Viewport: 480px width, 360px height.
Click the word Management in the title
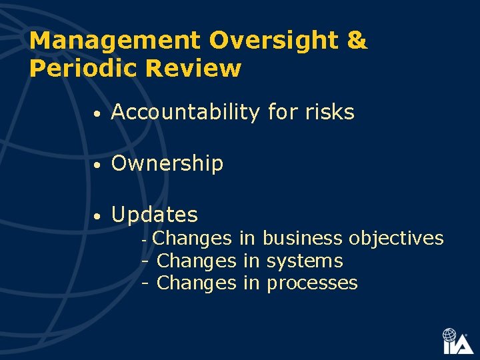115,41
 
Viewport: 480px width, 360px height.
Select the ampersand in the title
357,41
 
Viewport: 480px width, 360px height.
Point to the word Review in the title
198,68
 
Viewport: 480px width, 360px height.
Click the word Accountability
185,113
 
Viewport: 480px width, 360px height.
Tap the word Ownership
167,163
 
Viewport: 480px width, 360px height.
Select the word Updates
155,215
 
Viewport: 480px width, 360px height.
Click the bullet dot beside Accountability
97,115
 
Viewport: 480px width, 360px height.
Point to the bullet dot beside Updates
97,217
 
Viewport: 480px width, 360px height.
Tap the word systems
305,261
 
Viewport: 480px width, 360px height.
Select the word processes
312,283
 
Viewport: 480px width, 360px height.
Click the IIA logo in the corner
458,341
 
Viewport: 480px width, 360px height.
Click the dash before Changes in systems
145,261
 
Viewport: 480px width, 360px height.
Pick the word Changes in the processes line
196,283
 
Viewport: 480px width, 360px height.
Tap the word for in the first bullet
281,113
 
